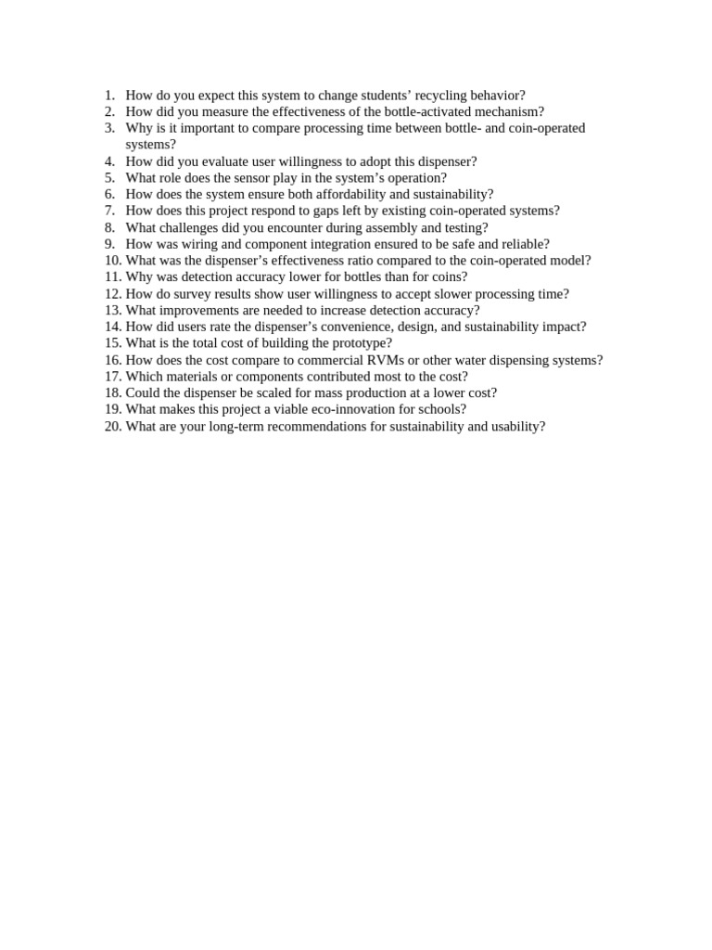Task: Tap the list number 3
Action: pos(109,128)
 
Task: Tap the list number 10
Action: pos(112,261)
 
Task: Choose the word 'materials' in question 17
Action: pos(191,377)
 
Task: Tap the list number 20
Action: pos(112,427)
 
